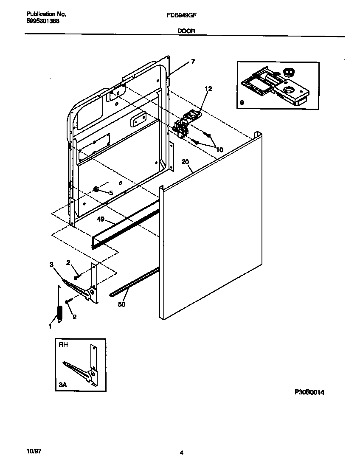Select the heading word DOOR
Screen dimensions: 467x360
[183, 31]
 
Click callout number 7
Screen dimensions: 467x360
[193, 62]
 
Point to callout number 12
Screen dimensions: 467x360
[208, 89]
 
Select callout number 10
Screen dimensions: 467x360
[219, 149]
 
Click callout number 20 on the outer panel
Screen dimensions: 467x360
[185, 162]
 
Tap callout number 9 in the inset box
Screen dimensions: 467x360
[242, 102]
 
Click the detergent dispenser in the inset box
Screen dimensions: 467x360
[274, 86]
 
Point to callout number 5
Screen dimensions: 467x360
[111, 192]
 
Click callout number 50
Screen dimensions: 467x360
[122, 304]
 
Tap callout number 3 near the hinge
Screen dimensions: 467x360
[51, 264]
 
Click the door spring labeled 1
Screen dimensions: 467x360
[59, 315]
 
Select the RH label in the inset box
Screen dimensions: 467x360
[62, 346]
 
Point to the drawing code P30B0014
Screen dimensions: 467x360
[309, 393]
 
